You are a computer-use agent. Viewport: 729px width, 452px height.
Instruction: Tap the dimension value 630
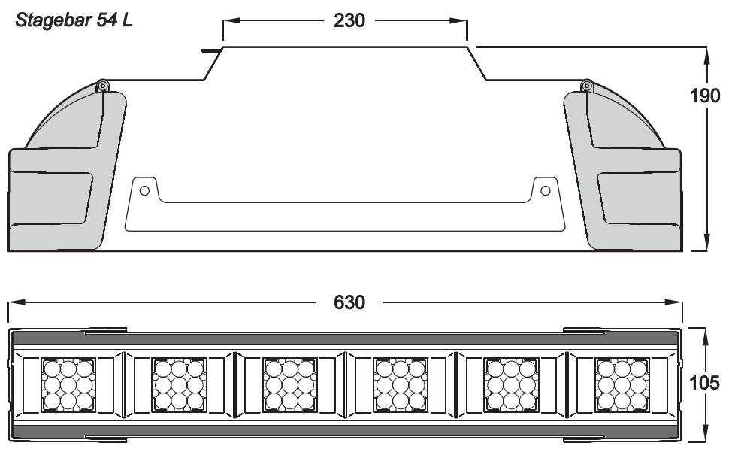click(x=350, y=302)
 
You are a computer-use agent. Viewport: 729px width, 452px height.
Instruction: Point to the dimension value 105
click(x=706, y=384)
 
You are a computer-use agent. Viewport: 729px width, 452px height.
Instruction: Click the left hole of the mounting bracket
click(x=145, y=188)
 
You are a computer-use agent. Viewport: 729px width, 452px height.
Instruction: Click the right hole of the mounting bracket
click(x=545, y=188)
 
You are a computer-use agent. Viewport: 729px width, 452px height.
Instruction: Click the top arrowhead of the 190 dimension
click(x=706, y=52)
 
